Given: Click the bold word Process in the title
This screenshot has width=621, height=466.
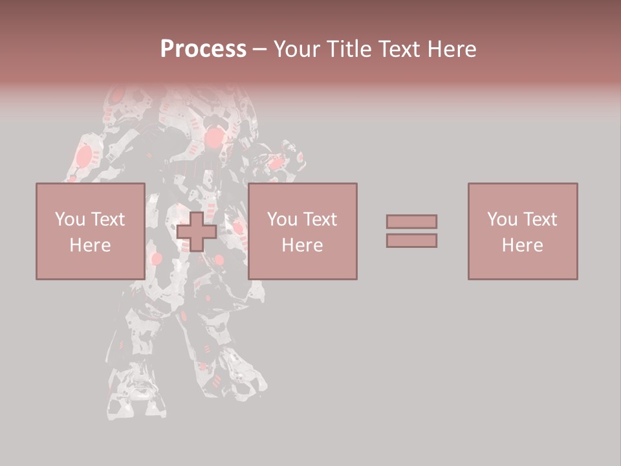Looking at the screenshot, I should (203, 49).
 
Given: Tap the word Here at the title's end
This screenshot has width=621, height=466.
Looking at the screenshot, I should (453, 49).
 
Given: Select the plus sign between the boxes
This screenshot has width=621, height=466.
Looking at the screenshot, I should (197, 232).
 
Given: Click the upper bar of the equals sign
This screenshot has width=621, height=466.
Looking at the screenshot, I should (411, 221).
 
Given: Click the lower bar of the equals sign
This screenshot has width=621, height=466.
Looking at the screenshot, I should (411, 241).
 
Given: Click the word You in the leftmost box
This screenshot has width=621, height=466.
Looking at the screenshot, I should (70, 219).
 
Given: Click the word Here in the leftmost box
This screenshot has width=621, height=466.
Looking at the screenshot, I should (90, 245).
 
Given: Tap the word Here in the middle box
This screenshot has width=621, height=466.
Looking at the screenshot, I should (302, 245).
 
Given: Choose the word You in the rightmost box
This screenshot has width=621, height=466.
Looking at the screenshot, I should (502, 219).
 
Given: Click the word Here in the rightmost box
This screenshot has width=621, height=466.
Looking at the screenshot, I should (522, 245).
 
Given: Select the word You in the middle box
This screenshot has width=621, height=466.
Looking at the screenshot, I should (282, 219).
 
